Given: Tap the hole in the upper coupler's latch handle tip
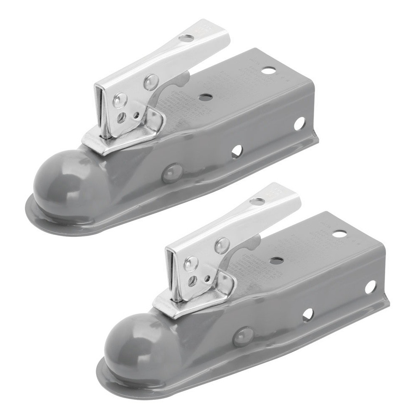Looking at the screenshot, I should [186, 38].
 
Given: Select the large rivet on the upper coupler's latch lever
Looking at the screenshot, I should [151, 81].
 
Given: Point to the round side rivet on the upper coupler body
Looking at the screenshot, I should [172, 173].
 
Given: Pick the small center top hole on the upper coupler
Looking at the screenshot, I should [205, 97].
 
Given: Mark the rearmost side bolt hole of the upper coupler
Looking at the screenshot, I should [299, 123].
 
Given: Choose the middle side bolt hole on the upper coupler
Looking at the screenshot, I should [237, 151].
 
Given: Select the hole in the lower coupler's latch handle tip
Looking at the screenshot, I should [257, 201].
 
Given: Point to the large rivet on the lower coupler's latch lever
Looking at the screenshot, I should [222, 245].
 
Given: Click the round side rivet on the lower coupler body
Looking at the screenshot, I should [243, 336].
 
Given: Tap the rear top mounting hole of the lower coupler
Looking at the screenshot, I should [339, 234].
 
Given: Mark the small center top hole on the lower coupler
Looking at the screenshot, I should [276, 261].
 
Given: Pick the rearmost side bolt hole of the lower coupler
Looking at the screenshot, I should [370, 287].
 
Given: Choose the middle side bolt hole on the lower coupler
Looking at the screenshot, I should [308, 315].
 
